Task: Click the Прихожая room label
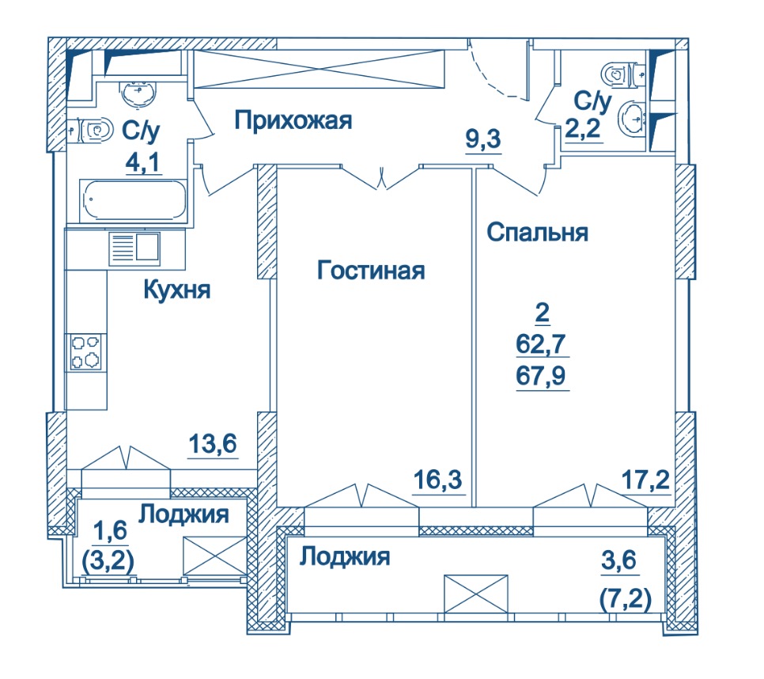point(293,120)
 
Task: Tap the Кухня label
point(177,290)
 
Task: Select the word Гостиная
point(371,270)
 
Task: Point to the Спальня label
point(538,233)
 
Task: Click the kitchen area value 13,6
point(213,444)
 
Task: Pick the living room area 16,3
point(437,480)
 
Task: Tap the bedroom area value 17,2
point(645,480)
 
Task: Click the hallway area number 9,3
point(483,139)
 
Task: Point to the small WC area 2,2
point(583,129)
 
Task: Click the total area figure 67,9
point(541,376)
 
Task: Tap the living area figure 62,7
point(541,344)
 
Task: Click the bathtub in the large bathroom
point(134,200)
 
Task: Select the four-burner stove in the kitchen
point(85,352)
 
